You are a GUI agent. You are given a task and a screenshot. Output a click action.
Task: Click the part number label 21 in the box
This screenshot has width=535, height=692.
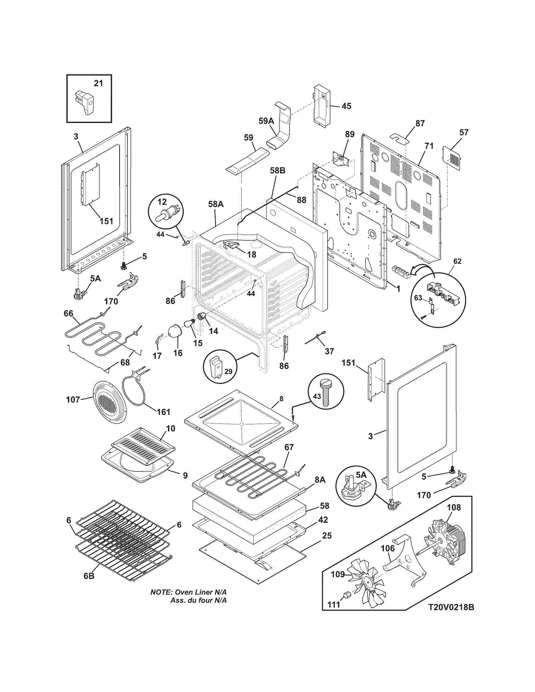click(99, 83)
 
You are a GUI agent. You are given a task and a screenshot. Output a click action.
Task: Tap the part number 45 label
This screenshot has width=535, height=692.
click(346, 106)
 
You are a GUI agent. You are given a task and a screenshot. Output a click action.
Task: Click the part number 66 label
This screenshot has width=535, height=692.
click(69, 313)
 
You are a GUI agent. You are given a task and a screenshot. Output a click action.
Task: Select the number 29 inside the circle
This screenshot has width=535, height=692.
click(228, 371)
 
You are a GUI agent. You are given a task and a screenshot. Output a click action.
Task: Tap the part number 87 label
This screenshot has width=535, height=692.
click(420, 123)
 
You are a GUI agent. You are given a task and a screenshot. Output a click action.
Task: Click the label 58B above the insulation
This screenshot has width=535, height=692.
click(277, 170)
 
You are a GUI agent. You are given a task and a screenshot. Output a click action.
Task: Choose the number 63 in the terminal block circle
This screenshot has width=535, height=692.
click(418, 298)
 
